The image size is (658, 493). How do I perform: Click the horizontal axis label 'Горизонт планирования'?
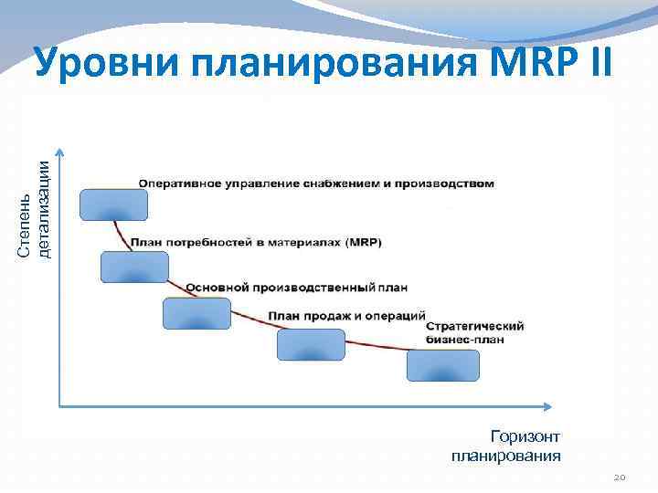click(506, 446)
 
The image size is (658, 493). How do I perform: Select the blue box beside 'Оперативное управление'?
click(113, 205)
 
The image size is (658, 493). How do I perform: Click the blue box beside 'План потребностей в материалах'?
click(134, 266)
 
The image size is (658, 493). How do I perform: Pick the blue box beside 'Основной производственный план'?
click(196, 312)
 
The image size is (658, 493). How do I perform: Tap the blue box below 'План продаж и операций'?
click(311, 344)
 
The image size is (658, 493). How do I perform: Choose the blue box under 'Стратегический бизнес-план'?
click(442, 365)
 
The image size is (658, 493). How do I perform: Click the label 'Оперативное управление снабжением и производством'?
click(316, 184)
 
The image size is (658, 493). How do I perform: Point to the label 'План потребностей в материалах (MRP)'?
click(256, 243)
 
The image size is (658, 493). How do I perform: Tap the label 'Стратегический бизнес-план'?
click(474, 332)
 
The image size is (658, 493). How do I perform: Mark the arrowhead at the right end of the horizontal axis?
click(550, 405)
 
